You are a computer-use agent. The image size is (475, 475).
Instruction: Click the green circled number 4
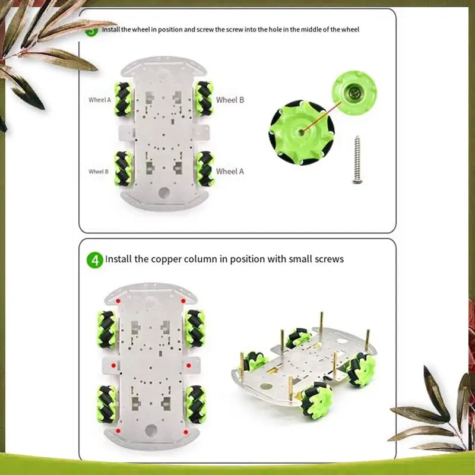(x=94, y=259)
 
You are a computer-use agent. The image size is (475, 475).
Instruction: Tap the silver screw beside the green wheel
(x=358, y=160)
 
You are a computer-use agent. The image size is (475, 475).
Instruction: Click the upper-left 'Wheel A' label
(x=100, y=100)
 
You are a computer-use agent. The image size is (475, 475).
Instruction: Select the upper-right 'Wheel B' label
(x=230, y=100)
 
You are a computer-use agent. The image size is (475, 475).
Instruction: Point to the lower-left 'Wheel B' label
(x=99, y=171)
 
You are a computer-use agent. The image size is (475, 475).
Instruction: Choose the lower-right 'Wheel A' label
(x=230, y=171)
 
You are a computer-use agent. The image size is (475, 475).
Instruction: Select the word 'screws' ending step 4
(x=329, y=259)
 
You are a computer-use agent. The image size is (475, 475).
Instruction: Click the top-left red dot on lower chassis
(x=118, y=301)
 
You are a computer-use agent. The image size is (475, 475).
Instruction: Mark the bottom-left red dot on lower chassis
(x=118, y=430)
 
